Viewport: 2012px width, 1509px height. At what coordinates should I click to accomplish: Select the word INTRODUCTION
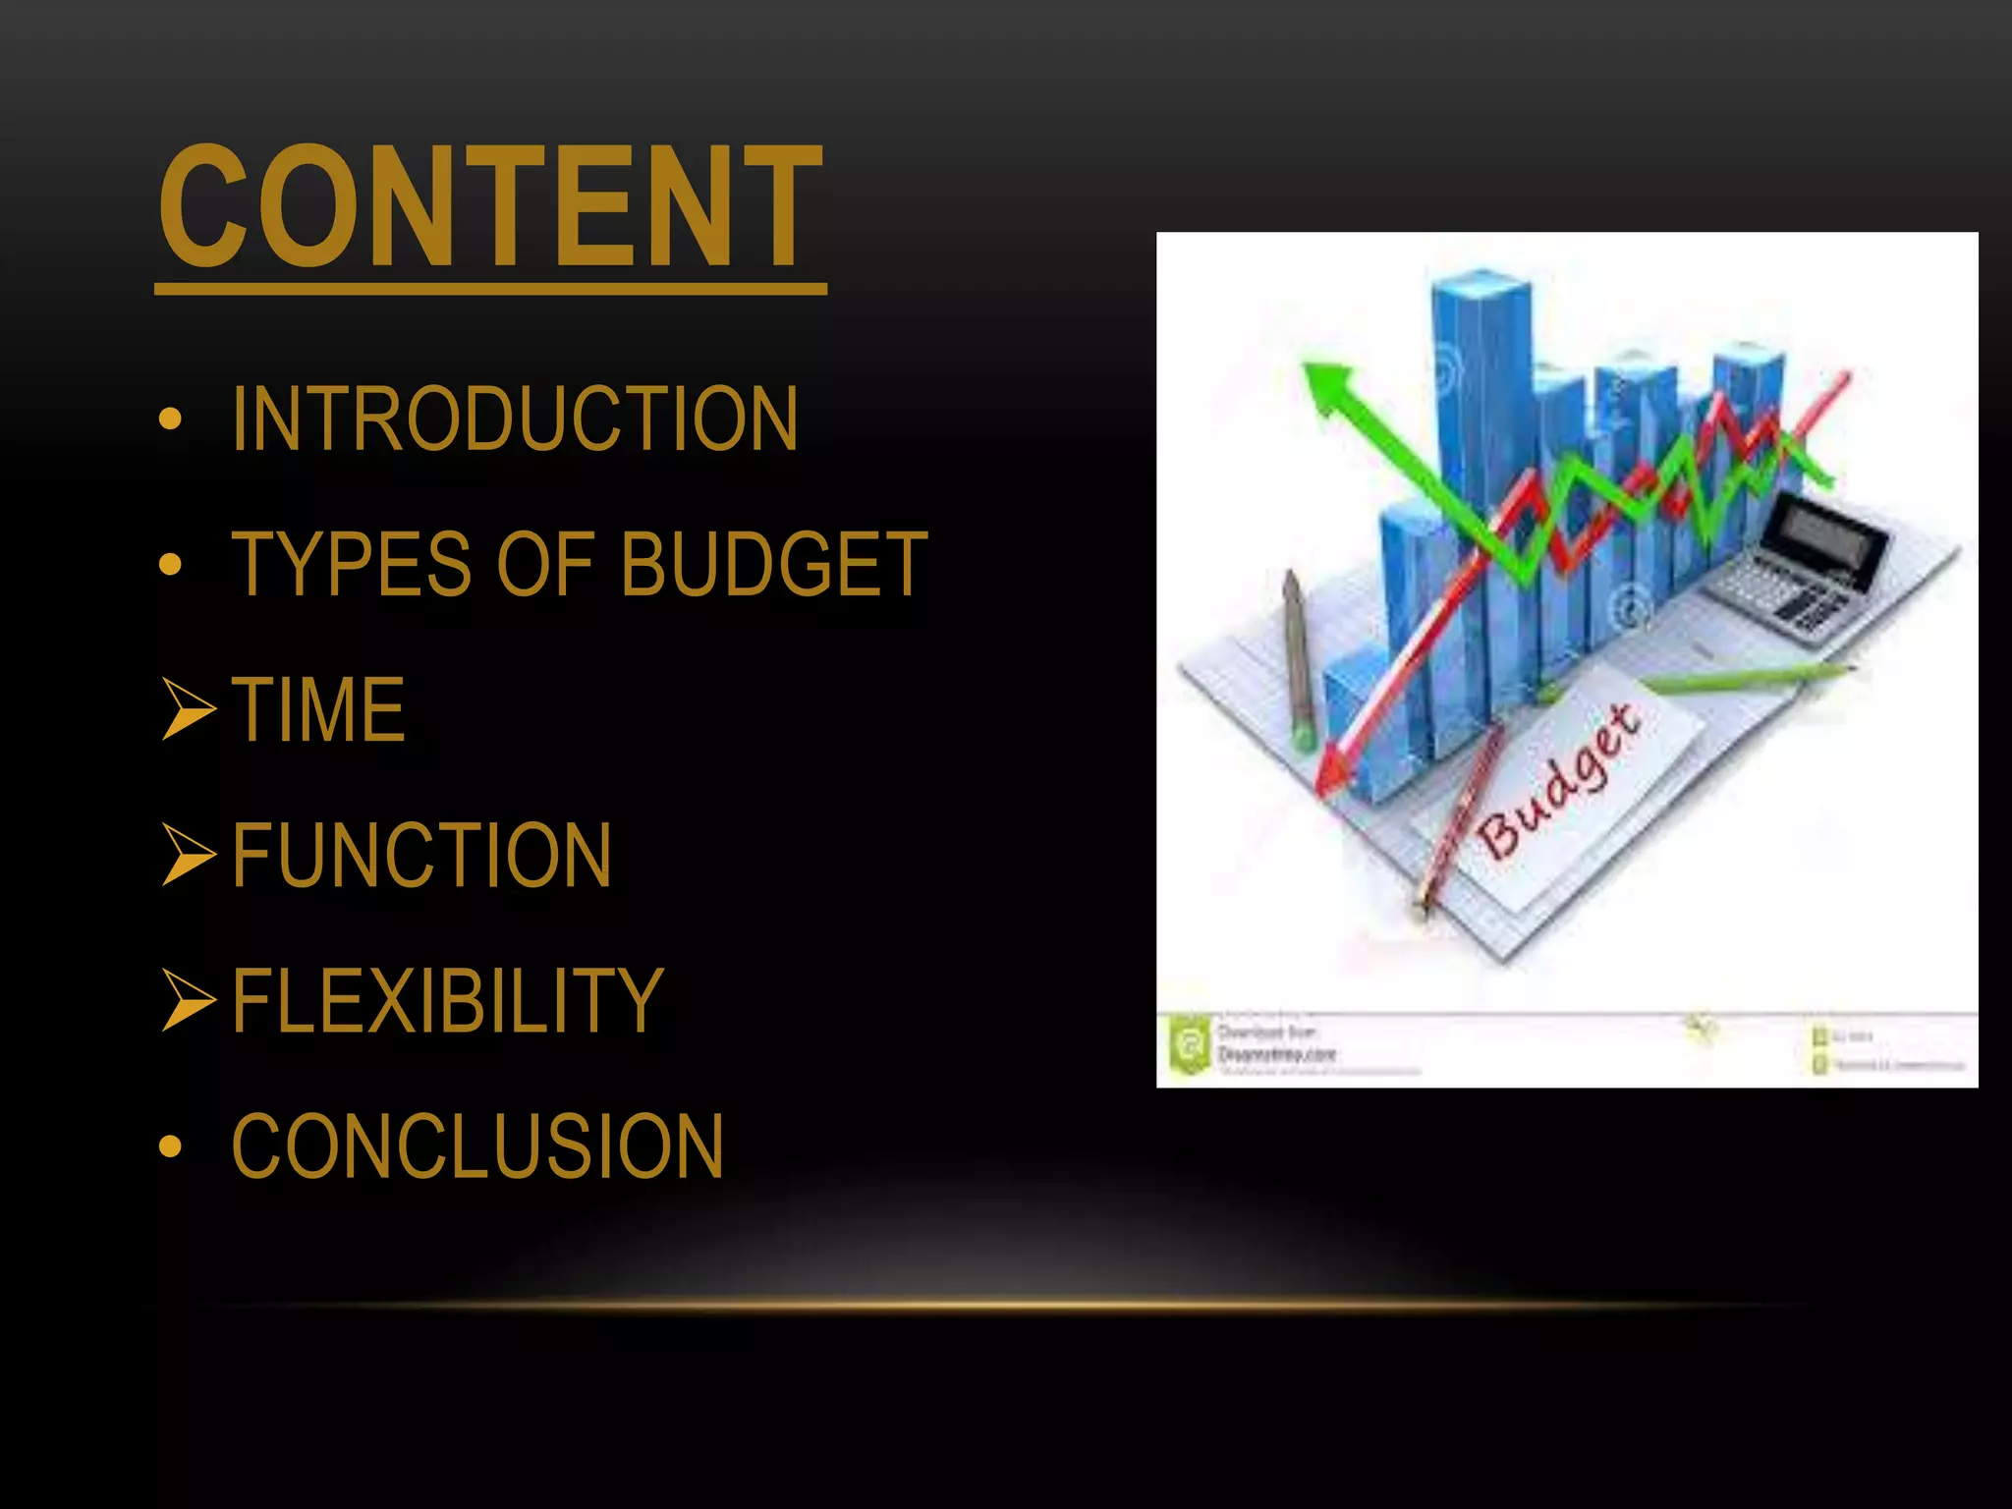click(x=514, y=419)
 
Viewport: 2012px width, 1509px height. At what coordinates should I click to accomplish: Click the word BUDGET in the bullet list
click(x=773, y=564)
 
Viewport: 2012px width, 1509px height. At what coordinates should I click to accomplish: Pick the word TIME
click(x=318, y=709)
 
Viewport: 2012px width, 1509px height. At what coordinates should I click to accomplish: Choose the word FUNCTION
click(x=421, y=855)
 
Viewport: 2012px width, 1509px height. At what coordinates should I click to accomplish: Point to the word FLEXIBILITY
click(x=448, y=1000)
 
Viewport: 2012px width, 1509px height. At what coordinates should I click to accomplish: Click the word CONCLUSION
click(x=477, y=1146)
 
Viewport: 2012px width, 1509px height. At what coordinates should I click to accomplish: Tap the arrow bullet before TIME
click(x=188, y=709)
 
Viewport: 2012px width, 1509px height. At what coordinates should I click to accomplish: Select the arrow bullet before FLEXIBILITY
click(x=188, y=1000)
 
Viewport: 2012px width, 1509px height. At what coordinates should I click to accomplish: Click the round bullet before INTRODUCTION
click(x=171, y=419)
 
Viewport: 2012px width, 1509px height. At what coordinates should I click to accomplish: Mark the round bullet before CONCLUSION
click(x=171, y=1146)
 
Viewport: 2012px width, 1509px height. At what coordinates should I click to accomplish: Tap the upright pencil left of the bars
click(x=1298, y=658)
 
